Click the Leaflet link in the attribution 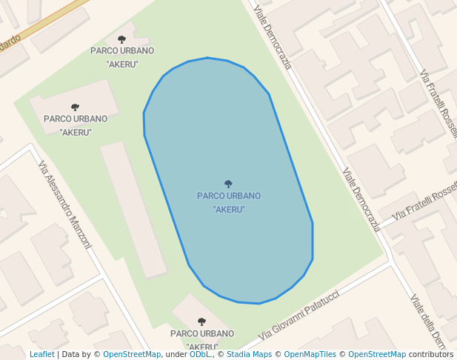(x=41, y=354)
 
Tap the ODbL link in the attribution (x=199, y=354)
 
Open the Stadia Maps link (x=250, y=354)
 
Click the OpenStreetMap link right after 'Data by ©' (x=132, y=354)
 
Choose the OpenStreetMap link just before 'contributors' (x=377, y=354)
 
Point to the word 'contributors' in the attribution (x=430, y=354)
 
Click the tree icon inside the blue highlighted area (x=228, y=184)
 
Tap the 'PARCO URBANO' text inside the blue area (x=229, y=196)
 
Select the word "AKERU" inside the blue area (x=229, y=210)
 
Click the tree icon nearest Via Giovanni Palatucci (x=201, y=321)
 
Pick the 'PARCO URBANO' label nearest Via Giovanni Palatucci (x=201, y=334)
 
